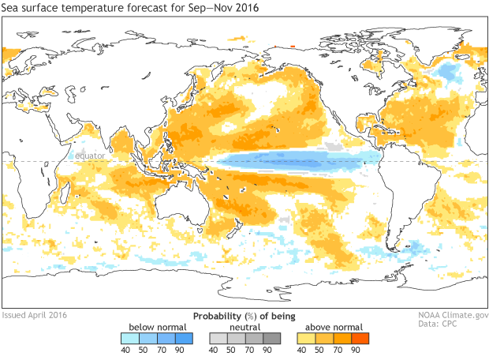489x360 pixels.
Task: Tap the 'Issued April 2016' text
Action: [35, 314]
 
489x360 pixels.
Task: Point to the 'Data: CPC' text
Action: [463, 324]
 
